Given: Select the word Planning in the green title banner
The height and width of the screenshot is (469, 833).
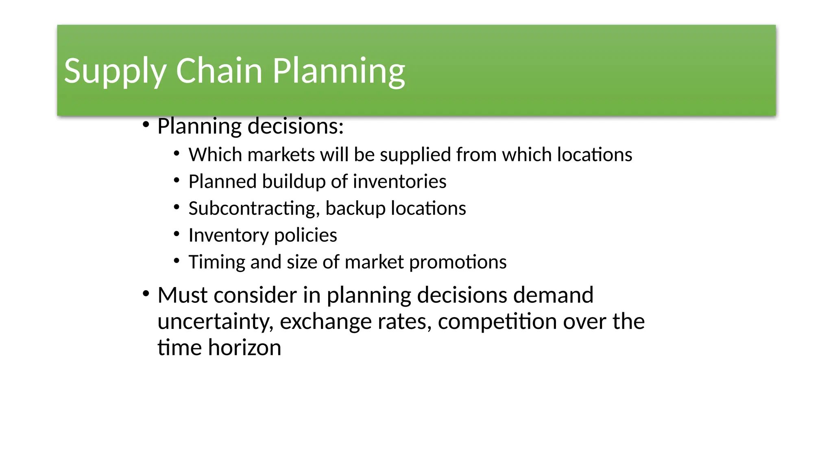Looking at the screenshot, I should click(x=338, y=71).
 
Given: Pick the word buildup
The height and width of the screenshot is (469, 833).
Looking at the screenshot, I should click(x=293, y=182).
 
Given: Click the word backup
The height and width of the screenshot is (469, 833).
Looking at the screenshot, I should click(x=355, y=208).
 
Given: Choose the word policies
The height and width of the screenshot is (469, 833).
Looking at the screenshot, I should click(x=305, y=235).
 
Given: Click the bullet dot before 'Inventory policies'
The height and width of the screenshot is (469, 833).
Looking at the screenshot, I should click(x=177, y=234).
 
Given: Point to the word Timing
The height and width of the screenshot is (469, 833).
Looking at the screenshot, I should click(x=217, y=262).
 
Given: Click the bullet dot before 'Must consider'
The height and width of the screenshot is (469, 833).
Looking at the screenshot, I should click(x=146, y=294).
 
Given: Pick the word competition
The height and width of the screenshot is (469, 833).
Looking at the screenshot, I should click(x=497, y=322).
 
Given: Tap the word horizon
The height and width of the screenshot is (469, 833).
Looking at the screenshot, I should click(x=244, y=348).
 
